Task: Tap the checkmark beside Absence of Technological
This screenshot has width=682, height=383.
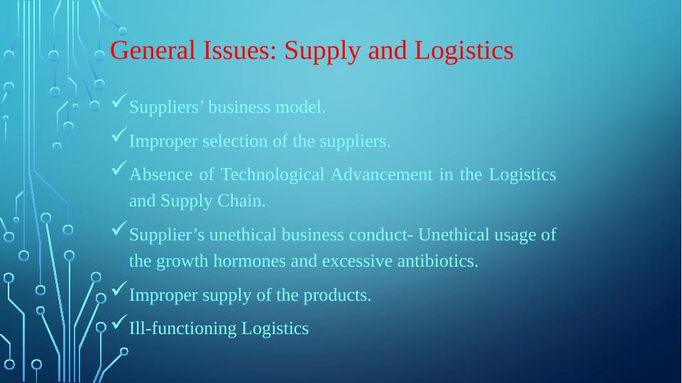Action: (119, 171)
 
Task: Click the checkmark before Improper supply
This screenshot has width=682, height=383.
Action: (119, 291)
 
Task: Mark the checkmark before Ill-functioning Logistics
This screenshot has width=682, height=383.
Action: (119, 324)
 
